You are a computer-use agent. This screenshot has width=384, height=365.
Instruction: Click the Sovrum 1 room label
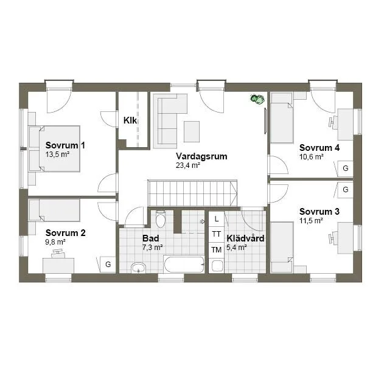[65, 145]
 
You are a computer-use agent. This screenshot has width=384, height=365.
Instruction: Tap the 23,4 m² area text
[188, 165]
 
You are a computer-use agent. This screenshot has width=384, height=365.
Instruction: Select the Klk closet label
[130, 120]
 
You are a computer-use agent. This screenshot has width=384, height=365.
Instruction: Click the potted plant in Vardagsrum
[257, 99]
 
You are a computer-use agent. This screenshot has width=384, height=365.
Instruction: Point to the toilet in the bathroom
[161, 219]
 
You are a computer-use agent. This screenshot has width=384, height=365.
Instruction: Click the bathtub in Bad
[184, 265]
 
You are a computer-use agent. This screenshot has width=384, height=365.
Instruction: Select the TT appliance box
[216, 234]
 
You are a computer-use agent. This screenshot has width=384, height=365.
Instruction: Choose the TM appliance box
[216, 250]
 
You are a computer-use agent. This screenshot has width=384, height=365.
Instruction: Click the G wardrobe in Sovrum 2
[108, 264]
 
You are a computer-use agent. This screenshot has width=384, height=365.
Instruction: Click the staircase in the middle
[192, 193]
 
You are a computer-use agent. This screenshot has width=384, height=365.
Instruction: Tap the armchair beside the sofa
[192, 130]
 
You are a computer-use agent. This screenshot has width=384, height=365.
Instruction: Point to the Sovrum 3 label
[319, 212]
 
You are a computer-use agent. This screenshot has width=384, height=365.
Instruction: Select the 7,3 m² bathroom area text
[153, 248]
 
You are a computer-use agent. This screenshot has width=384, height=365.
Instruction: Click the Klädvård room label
[245, 238]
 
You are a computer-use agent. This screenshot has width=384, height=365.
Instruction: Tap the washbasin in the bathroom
[138, 268]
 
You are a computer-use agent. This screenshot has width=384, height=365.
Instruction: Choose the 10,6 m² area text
[311, 156]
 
